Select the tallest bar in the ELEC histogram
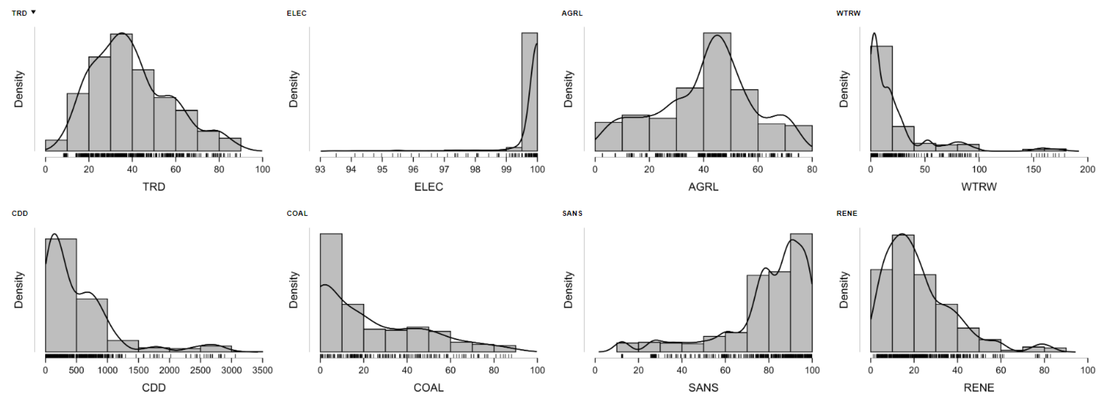coord(529,92)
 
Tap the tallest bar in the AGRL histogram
coord(717,92)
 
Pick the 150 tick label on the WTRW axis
coord(1033,169)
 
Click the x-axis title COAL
coord(428,388)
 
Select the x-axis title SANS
coord(703,388)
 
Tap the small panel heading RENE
coord(847,213)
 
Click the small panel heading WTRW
coord(848,13)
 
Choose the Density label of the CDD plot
coord(18,290)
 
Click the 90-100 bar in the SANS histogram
coord(801,293)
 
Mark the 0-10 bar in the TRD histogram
coord(56,145)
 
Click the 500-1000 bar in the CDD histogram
coord(92,325)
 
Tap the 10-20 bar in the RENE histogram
coord(903,293)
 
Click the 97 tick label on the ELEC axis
coord(444,169)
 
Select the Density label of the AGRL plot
coord(568,89)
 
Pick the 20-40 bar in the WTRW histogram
coord(903,139)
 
